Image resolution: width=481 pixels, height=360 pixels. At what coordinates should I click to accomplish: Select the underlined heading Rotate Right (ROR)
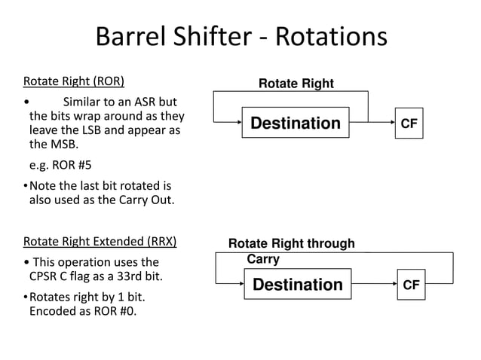(x=74, y=81)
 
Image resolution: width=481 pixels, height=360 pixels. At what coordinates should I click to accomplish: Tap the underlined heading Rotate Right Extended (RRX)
(x=100, y=242)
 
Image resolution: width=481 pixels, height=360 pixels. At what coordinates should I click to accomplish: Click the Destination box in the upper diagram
(x=296, y=123)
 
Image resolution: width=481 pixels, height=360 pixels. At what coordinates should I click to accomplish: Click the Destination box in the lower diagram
(x=297, y=284)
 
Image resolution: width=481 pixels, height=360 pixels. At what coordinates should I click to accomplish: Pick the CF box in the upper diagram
(x=409, y=123)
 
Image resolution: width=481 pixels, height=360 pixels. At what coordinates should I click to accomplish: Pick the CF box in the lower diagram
(x=412, y=284)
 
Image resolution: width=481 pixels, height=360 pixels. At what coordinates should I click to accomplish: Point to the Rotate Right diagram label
(x=296, y=84)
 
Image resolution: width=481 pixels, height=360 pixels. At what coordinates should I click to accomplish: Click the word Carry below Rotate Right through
(x=263, y=259)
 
